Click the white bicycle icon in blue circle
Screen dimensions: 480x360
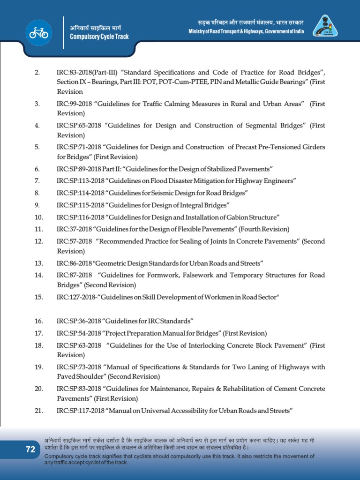point(39,32)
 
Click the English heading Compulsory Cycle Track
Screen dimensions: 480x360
point(99,37)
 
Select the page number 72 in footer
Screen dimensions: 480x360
point(30,450)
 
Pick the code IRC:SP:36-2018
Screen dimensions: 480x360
point(79,321)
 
